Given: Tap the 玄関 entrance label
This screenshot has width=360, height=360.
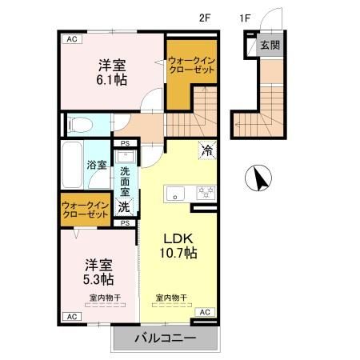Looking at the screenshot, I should (270, 45).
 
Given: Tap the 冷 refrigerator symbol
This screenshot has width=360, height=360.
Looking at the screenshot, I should (206, 150).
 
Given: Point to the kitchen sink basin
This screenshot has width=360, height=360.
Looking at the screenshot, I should (175, 193).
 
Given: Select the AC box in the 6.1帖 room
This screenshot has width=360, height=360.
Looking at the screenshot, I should (72, 38).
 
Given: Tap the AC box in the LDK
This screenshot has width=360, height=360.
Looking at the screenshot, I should (204, 311).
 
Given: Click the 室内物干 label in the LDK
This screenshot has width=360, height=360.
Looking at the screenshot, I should (171, 298).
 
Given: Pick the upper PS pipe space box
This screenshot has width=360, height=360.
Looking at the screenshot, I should (126, 143).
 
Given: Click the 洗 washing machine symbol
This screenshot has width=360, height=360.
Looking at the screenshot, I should (126, 206).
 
